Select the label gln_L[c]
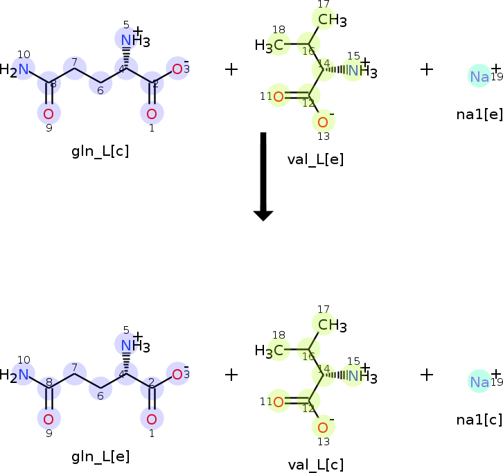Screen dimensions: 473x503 [x=100, y=151]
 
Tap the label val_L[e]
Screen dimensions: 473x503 [x=315, y=160]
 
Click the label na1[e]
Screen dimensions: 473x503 [x=479, y=114]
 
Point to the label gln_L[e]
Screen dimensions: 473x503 [x=100, y=456]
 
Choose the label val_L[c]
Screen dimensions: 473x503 [x=315, y=465]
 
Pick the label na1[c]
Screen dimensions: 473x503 [x=479, y=419]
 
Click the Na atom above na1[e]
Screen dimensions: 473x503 [x=479, y=76]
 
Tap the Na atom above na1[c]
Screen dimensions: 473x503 [x=479, y=382]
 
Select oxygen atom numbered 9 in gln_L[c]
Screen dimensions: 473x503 [x=48, y=114]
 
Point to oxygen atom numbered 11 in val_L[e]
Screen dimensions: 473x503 [x=279, y=96]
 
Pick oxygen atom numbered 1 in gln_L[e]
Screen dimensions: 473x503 [x=152, y=419]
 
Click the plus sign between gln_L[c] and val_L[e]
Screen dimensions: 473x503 [x=231, y=69]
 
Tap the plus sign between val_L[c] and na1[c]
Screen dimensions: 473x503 [x=427, y=374]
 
